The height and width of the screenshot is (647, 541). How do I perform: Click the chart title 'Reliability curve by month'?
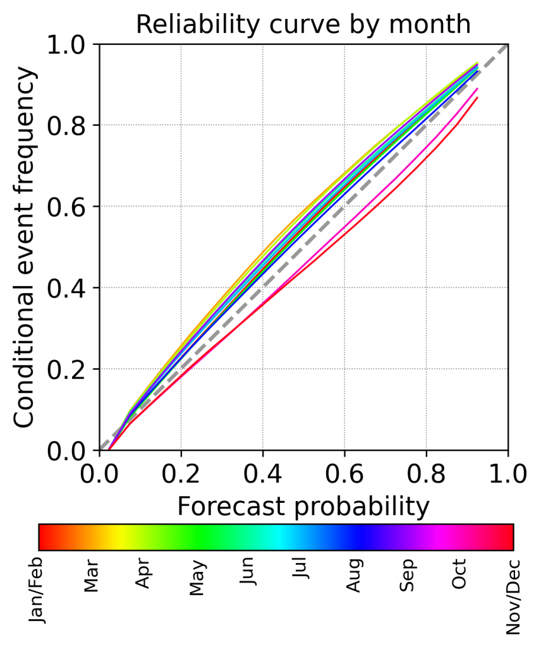(303, 24)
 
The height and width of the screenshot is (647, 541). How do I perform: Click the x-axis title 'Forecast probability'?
(303, 506)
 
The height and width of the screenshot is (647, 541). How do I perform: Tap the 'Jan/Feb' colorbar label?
(39, 591)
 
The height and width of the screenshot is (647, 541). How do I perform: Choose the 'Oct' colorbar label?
(460, 574)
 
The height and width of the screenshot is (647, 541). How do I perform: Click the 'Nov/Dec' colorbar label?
(513, 596)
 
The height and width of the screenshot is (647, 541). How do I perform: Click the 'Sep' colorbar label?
(408, 575)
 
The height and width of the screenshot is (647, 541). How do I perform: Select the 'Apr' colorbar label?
(145, 574)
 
